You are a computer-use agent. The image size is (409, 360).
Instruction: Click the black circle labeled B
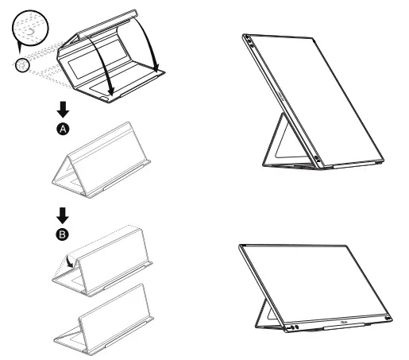tap(63, 234)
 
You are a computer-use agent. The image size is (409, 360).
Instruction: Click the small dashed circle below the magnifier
tap(22, 64)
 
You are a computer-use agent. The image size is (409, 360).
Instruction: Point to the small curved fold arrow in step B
tap(72, 259)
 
